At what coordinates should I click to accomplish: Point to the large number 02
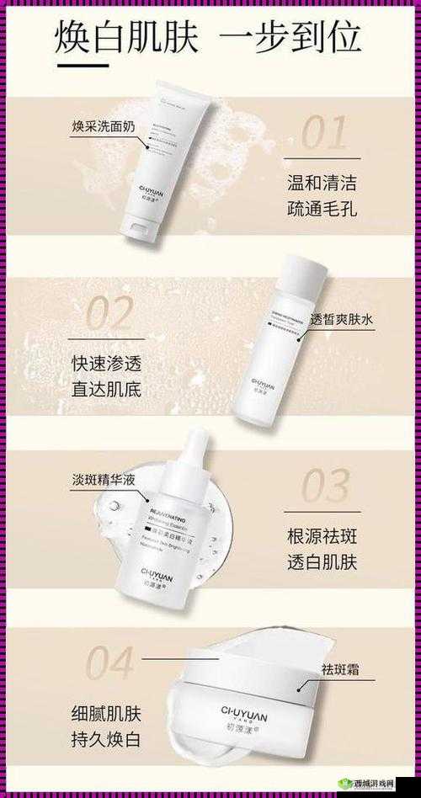coord(109,314)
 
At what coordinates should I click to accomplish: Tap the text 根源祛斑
coord(322,535)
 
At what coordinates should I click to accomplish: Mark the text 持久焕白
coord(106,741)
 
